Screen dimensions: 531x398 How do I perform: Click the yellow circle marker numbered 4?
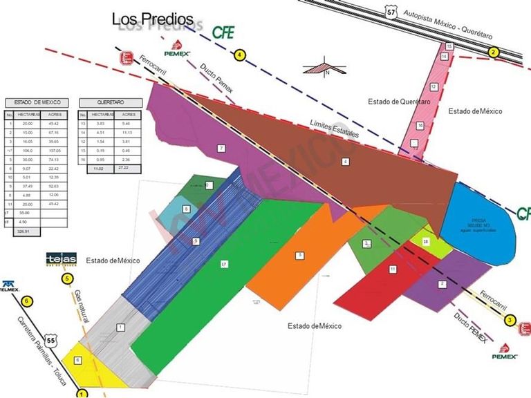click(x=240, y=55)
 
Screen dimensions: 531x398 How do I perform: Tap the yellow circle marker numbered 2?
click(x=493, y=53)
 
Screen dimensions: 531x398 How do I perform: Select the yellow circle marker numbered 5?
click(x=67, y=278)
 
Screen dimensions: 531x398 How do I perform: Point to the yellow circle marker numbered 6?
click(x=26, y=301)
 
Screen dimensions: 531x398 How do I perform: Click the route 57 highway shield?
click(x=392, y=12)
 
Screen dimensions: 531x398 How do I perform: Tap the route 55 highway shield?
click(x=50, y=341)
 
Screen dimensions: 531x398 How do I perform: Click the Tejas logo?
click(x=61, y=260)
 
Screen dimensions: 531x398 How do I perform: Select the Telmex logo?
click(x=10, y=286)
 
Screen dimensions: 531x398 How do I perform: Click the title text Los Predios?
click(x=152, y=19)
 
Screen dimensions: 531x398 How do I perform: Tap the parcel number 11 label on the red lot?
click(x=392, y=268)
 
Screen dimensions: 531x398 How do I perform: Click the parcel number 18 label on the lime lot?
click(x=426, y=241)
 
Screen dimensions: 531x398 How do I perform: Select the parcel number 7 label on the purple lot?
click(x=221, y=148)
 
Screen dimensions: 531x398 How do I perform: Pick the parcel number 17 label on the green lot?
click(x=224, y=264)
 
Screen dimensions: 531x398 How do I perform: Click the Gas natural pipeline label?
click(x=81, y=306)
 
